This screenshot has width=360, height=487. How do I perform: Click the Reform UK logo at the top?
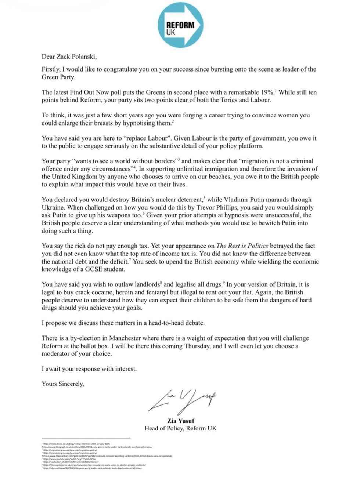click(180, 25)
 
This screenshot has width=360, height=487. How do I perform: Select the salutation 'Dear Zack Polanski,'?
click(69, 57)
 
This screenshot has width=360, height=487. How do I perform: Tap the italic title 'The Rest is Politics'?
click(242, 246)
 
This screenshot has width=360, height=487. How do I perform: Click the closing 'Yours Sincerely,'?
click(63, 384)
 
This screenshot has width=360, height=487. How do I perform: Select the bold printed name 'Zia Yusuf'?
click(180, 421)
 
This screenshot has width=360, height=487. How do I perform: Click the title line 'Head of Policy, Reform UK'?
click(180, 428)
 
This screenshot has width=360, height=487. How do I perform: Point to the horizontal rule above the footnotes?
click(86, 439)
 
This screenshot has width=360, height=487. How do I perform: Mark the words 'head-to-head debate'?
click(176, 323)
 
